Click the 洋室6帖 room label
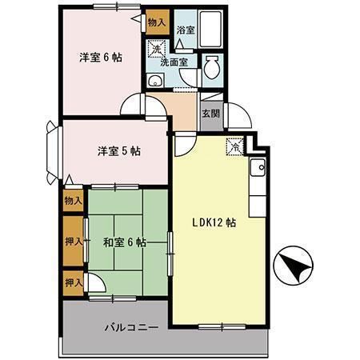coord(100,58)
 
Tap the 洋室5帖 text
coord(118,150)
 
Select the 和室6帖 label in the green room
coord(125,242)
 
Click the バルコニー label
coord(130,327)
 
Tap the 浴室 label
coord(186,30)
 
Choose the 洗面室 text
coord(173,61)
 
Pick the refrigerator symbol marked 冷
coord(234,146)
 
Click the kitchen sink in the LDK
coord(258,170)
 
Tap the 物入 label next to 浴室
coord(156,23)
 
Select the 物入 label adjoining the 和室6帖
coord(72,200)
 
